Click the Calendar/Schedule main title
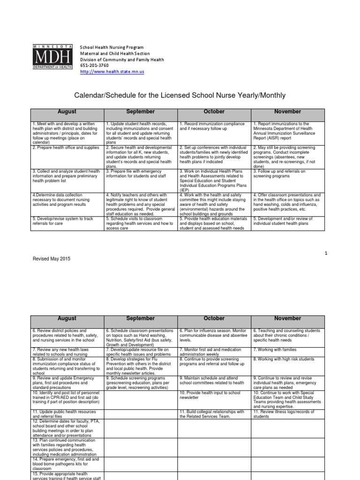180,96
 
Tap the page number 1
326,253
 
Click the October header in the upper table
214,112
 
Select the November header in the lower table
288,318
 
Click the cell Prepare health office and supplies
67,148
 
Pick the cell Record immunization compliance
214,126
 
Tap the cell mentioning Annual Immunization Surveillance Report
288,132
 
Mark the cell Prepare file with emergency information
141,174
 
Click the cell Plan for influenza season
214,336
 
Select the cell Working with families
288,349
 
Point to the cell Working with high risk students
288,359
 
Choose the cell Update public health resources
67,413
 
